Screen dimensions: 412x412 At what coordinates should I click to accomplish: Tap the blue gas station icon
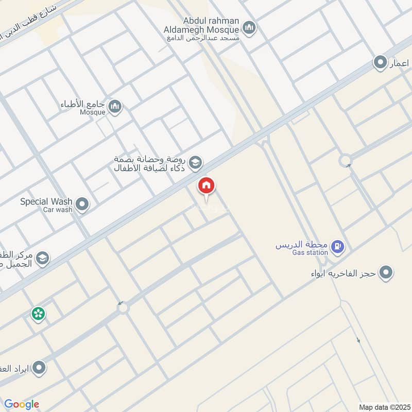click(338, 248)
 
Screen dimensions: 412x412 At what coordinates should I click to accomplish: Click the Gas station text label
click(310, 252)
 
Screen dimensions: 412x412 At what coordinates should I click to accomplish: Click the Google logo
click(22, 404)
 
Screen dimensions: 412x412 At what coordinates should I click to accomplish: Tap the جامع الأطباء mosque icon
click(115, 107)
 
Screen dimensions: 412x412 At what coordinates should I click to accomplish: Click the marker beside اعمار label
click(380, 63)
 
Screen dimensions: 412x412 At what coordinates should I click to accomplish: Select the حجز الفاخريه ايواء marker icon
click(386, 273)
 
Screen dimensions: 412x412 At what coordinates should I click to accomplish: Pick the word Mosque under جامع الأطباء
click(93, 112)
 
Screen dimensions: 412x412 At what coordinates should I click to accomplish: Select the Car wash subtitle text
click(58, 210)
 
